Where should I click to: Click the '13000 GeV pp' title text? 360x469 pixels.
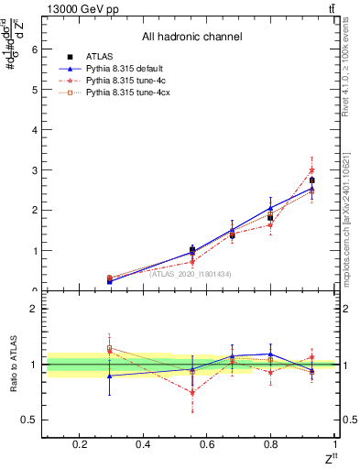(83, 9)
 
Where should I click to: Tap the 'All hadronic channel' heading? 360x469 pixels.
(191, 38)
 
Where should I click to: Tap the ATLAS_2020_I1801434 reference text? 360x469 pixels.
(190, 273)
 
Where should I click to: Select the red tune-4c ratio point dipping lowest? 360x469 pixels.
(191, 392)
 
